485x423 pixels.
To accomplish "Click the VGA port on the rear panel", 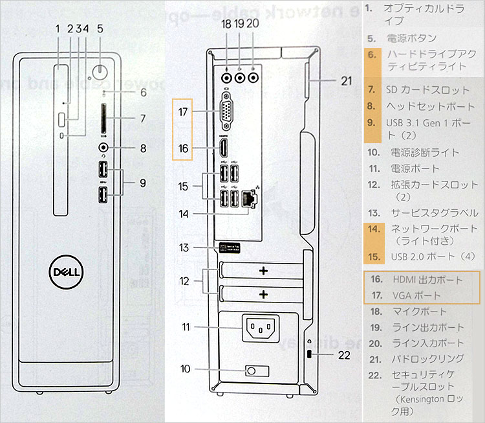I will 227,112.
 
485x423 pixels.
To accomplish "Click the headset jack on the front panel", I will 103,148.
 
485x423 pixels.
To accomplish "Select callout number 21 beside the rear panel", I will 346,81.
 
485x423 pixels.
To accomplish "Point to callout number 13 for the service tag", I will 185,247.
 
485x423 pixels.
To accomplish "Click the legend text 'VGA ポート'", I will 416,295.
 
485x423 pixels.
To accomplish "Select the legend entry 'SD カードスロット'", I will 427,89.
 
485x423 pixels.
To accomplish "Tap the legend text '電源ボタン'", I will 411,38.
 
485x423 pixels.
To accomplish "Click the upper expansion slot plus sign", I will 263,271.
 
